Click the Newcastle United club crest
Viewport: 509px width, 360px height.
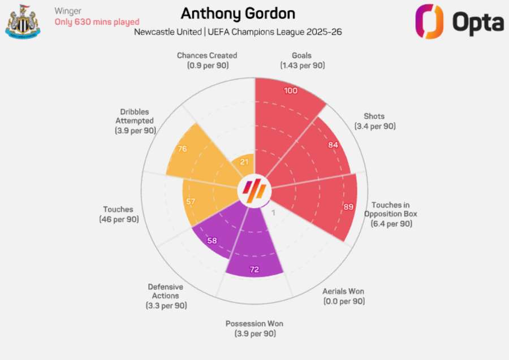point(23,21)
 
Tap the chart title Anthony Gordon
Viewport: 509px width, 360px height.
point(238,14)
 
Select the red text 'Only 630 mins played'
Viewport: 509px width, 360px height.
point(97,22)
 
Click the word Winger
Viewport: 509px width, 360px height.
point(68,11)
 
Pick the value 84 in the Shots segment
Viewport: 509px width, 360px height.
point(333,144)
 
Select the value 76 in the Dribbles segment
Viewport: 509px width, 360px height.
point(182,150)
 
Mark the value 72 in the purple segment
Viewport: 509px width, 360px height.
point(255,270)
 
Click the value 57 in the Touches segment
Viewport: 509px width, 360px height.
point(191,202)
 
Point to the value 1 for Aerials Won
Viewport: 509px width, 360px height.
point(274,213)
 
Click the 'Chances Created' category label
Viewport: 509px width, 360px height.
point(207,55)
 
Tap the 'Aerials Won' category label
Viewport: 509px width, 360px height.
point(343,292)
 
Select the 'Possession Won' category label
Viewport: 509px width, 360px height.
point(255,324)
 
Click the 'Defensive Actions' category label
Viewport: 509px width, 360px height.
point(166,291)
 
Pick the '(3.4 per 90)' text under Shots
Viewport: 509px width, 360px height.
point(375,126)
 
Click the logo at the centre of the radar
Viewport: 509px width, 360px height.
point(255,190)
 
